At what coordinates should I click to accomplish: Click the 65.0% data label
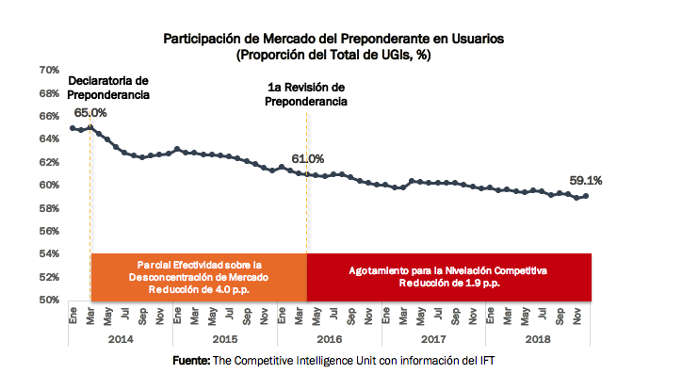pos(90,113)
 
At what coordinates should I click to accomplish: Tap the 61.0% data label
pos(307,158)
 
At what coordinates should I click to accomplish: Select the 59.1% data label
pos(585,181)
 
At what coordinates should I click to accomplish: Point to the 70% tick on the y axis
pos(49,70)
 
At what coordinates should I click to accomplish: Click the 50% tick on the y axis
pos(49,300)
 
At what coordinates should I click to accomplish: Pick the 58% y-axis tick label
pos(49,208)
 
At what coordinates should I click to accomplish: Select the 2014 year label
pos(121,339)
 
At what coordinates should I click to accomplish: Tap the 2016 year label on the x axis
pos(330,339)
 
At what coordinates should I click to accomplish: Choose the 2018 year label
pos(538,339)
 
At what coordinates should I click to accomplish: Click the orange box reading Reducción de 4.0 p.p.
pos(199,277)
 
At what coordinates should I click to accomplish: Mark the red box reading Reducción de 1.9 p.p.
pos(449,277)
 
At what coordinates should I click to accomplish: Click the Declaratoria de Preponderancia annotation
pos(108,88)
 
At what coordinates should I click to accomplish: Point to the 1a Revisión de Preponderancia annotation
pos(306,94)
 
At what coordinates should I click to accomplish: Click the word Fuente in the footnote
pos(191,361)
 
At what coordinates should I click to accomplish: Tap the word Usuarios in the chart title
pos(478,39)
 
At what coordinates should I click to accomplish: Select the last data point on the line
pos(586,196)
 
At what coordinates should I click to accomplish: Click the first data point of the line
pos(73,128)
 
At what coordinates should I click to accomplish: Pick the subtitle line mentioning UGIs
pos(333,56)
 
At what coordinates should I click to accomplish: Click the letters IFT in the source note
pos(487,361)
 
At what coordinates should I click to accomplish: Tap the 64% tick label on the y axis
pos(49,138)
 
